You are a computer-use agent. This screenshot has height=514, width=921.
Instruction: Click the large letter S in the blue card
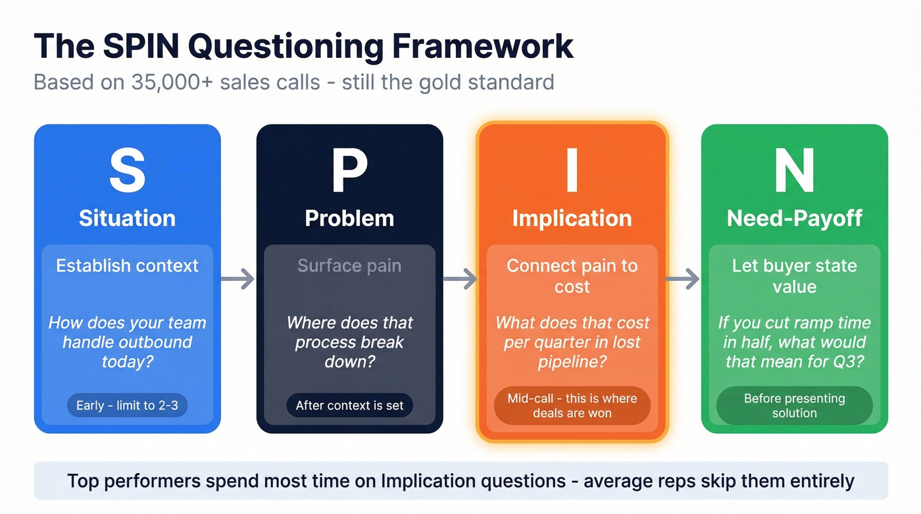tap(127, 171)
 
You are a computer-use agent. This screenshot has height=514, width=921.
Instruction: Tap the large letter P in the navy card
tap(349, 171)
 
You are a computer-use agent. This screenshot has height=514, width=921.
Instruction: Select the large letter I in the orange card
tap(572, 171)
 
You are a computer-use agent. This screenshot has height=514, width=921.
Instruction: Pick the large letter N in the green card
tap(794, 171)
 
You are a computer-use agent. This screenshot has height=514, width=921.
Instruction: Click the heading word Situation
tap(127, 218)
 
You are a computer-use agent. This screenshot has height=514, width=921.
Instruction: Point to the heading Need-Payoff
tap(794, 218)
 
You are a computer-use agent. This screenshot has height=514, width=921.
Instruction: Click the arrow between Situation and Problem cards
tap(237, 279)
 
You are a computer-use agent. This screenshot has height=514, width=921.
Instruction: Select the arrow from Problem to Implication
tap(460, 279)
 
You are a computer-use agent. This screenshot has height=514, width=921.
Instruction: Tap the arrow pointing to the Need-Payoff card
tap(683, 279)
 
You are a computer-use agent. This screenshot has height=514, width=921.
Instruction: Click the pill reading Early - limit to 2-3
tap(127, 405)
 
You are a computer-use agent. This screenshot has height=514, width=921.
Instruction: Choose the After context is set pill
tap(349, 405)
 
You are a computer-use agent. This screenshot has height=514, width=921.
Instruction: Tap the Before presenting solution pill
tap(794, 405)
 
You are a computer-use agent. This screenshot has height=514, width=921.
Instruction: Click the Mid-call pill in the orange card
tap(572, 405)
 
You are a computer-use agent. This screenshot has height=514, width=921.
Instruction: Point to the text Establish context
tap(127, 266)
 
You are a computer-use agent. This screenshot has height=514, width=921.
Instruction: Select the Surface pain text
tap(349, 266)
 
